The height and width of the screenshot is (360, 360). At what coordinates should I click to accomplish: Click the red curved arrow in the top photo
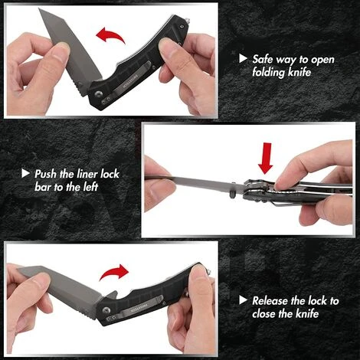pyautogui.click(x=110, y=35)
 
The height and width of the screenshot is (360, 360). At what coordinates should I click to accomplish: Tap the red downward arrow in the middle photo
pyautogui.click(x=266, y=159)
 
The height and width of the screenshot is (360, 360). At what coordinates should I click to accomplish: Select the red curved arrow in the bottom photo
pyautogui.click(x=114, y=273)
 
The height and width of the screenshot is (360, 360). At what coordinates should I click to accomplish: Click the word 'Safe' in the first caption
pyautogui.click(x=263, y=59)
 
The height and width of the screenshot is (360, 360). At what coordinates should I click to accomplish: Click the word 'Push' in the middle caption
pyautogui.click(x=46, y=174)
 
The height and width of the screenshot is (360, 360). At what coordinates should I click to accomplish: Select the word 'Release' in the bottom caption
pyautogui.click(x=270, y=300)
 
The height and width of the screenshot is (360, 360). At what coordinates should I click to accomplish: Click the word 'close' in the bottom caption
pyautogui.click(x=264, y=313)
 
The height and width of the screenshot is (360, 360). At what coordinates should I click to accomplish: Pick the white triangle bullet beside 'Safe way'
pyautogui.click(x=243, y=58)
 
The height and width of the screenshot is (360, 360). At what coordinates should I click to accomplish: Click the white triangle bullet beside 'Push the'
pyautogui.click(x=25, y=173)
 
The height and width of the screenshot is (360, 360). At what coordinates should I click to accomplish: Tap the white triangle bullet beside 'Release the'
pyautogui.click(x=243, y=300)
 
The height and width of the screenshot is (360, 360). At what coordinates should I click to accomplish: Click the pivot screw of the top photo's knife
pyautogui.click(x=99, y=94)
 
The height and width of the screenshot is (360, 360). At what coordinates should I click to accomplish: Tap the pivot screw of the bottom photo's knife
pyautogui.click(x=106, y=310)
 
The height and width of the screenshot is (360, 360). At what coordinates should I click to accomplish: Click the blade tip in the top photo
pyautogui.click(x=39, y=8)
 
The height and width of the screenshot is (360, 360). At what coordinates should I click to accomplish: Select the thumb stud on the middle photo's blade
pyautogui.click(x=232, y=193)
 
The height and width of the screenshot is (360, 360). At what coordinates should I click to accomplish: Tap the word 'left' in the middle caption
pyautogui.click(x=90, y=187)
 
